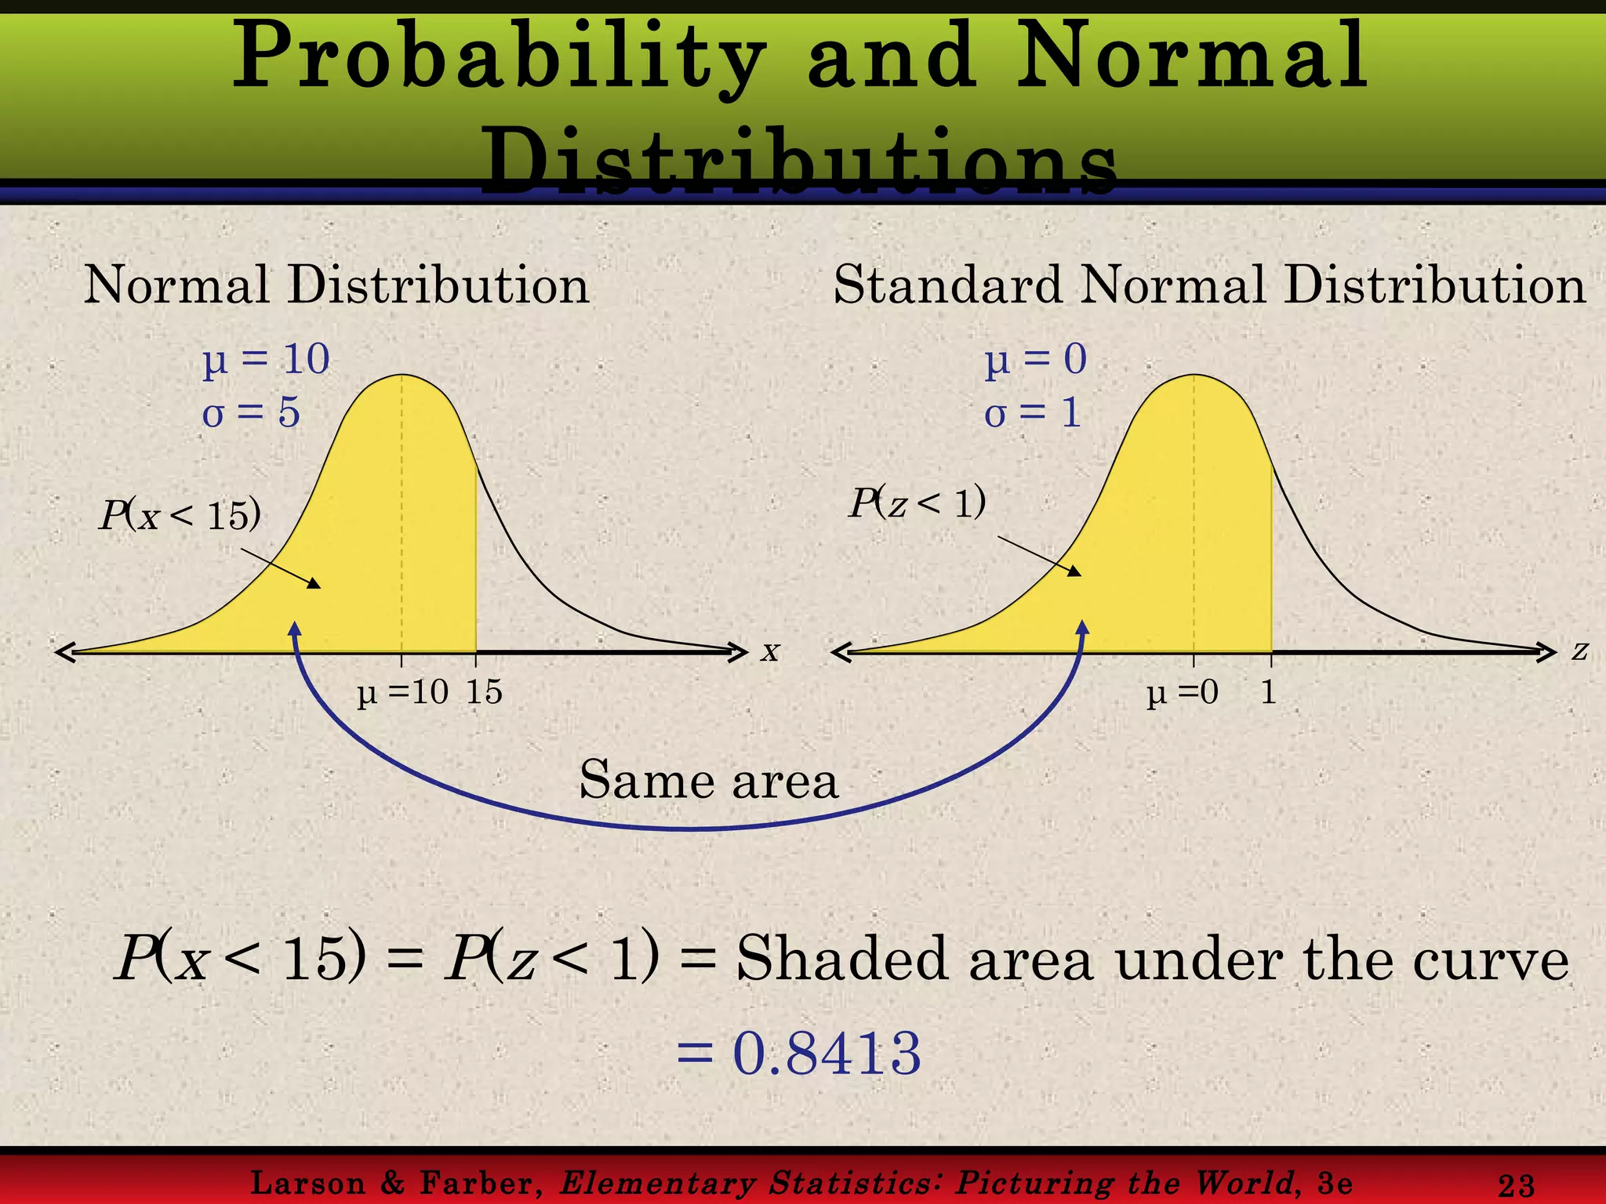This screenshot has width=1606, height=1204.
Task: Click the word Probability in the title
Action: (x=499, y=60)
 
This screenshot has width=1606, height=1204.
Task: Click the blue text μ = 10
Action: (x=266, y=360)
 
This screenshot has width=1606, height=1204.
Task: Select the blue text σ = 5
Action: (x=251, y=412)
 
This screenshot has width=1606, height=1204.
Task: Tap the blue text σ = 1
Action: (x=1033, y=412)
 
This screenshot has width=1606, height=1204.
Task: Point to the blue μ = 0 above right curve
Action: (x=1036, y=360)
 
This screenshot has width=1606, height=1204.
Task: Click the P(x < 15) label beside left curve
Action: (x=180, y=516)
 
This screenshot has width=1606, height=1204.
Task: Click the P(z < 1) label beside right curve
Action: (x=917, y=502)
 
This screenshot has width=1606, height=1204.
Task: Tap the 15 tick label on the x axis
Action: (x=484, y=692)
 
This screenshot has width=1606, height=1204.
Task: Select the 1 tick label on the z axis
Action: (x=1268, y=692)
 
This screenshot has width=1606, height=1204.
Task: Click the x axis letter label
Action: (x=770, y=651)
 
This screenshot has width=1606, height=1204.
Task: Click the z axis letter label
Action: (x=1579, y=651)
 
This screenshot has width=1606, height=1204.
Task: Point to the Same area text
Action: (x=709, y=781)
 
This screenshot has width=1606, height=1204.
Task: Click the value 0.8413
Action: (x=826, y=1053)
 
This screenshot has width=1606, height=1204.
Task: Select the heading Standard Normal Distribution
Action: (x=1209, y=285)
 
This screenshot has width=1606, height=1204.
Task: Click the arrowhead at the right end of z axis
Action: (x=1548, y=651)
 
